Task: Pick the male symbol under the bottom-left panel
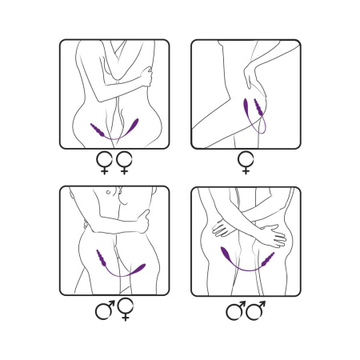coord(105,308)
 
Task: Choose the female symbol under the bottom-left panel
coord(124,310)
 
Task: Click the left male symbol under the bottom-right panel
coord(237,310)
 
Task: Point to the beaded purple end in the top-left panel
coord(99,130)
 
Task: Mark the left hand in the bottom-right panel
coord(221,229)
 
